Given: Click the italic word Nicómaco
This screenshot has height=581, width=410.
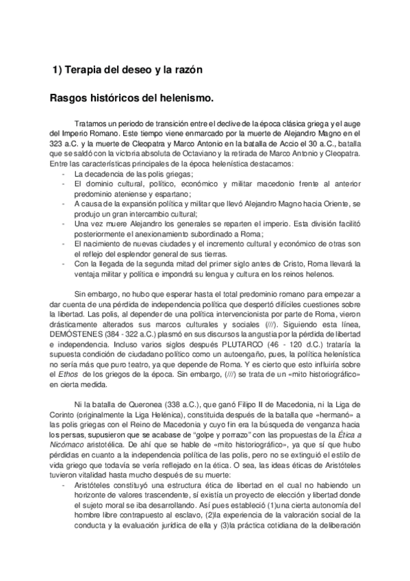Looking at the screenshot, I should pos(70,446).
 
